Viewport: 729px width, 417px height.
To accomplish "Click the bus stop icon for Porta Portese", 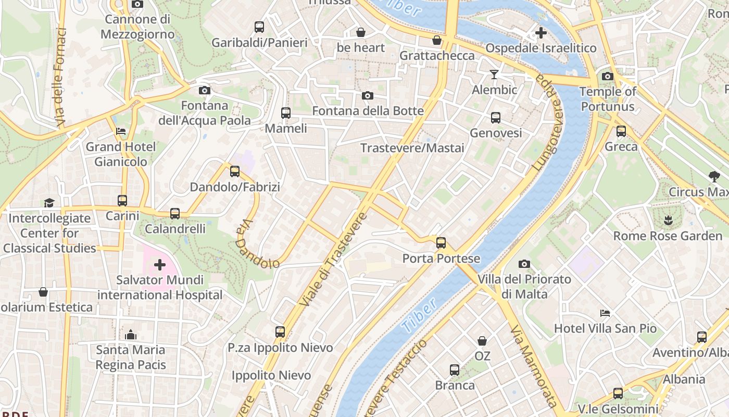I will [x=441, y=243].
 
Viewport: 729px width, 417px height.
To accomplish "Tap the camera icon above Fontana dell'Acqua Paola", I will [x=205, y=90].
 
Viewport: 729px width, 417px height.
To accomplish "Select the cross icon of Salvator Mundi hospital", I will [x=160, y=265].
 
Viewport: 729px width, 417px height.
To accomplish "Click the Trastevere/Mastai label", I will [x=412, y=148].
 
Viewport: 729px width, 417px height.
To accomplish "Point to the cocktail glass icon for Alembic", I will [x=494, y=75].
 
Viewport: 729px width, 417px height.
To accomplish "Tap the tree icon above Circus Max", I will [x=713, y=177].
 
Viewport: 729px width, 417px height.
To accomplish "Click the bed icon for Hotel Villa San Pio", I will [x=605, y=313].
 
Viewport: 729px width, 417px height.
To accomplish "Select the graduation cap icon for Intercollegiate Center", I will [x=49, y=203].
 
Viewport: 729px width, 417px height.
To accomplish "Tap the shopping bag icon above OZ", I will [x=482, y=341].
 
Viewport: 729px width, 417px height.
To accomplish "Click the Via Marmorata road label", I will [x=533, y=366].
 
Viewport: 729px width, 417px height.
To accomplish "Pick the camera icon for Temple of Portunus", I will [x=607, y=77].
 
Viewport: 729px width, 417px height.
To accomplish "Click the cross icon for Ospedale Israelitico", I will [x=541, y=33].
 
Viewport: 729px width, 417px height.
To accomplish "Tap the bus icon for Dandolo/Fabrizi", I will [x=235, y=171].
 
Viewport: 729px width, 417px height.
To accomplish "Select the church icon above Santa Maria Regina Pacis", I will [x=131, y=334].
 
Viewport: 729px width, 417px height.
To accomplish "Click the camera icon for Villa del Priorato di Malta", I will [x=524, y=264].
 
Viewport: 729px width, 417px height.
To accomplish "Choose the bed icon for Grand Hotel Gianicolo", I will [x=121, y=131].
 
